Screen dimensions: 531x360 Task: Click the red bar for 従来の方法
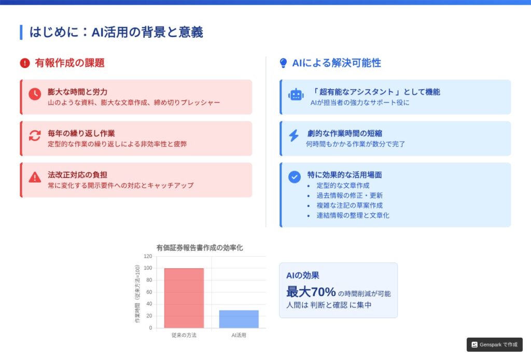[x=184, y=298]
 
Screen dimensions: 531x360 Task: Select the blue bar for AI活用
[x=239, y=319]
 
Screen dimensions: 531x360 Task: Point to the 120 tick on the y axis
[x=148, y=256]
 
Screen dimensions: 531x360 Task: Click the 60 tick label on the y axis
[x=149, y=292]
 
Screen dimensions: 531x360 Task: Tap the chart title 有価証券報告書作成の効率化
[x=200, y=248]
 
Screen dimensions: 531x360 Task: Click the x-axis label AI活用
[x=239, y=335]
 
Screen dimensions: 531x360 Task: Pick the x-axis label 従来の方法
[x=184, y=335]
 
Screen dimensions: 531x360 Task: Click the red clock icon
[x=35, y=94]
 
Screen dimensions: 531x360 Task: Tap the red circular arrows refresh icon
[x=35, y=135]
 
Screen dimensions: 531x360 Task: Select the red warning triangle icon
[x=35, y=177]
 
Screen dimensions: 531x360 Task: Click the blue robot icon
[x=296, y=95]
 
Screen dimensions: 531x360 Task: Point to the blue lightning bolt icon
[x=294, y=135]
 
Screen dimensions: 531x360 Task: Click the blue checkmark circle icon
[x=295, y=177]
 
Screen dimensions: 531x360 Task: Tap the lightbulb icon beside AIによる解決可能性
[x=284, y=63]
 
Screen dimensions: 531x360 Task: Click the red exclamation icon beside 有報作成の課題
[x=25, y=63]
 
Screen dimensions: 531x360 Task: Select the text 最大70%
[x=311, y=292]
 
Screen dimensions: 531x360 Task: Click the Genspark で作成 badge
[x=494, y=345]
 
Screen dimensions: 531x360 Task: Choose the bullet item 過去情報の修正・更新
[x=350, y=196]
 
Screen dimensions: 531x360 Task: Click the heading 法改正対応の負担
[x=77, y=175]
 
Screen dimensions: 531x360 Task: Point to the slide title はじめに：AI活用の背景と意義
[x=116, y=32]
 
